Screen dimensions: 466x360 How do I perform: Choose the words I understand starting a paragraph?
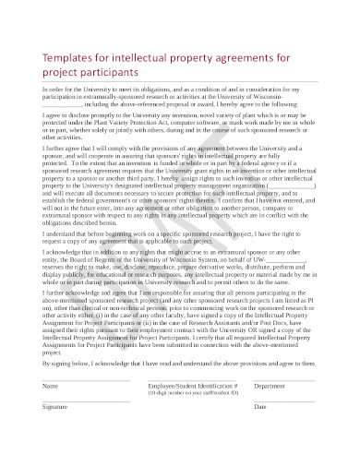point(61,235)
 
